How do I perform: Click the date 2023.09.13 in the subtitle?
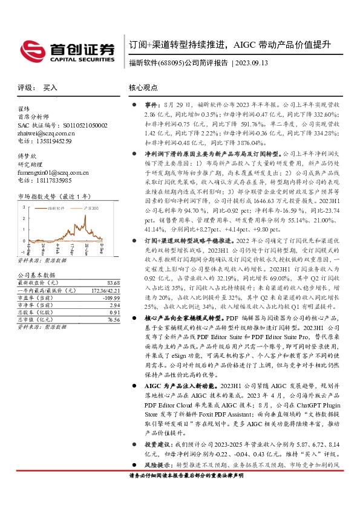250,62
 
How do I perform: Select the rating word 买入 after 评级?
50,88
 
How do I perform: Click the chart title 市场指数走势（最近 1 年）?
55,196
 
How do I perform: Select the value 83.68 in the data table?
112,283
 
